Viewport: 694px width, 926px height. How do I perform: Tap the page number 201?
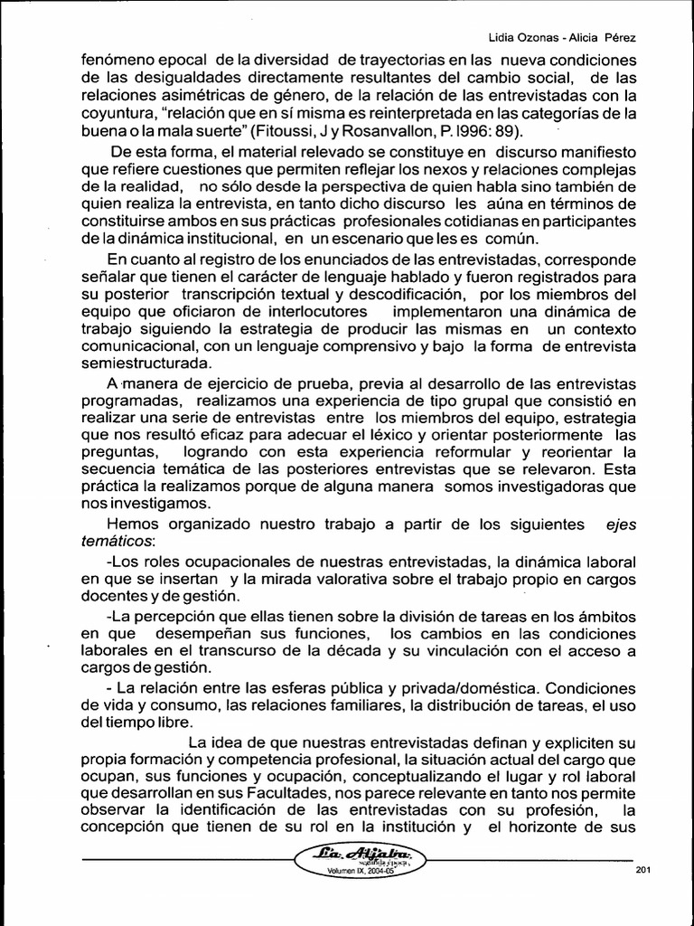pos(643,870)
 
